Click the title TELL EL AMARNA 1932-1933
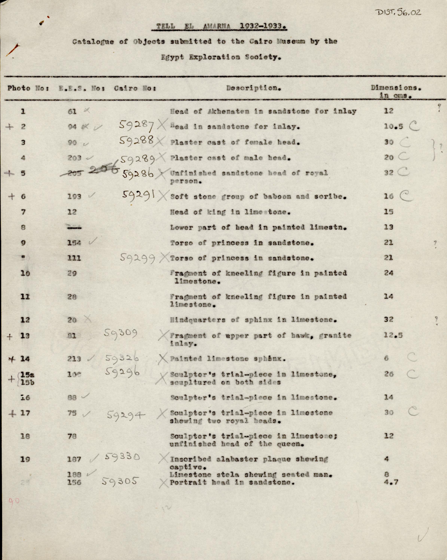coord(220,27)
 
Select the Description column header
coord(253,88)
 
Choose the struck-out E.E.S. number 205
coord(75,173)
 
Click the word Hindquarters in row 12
coord(198,320)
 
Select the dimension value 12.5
coord(393,335)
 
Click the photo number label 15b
coord(27,383)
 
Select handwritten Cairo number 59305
coord(119,481)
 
